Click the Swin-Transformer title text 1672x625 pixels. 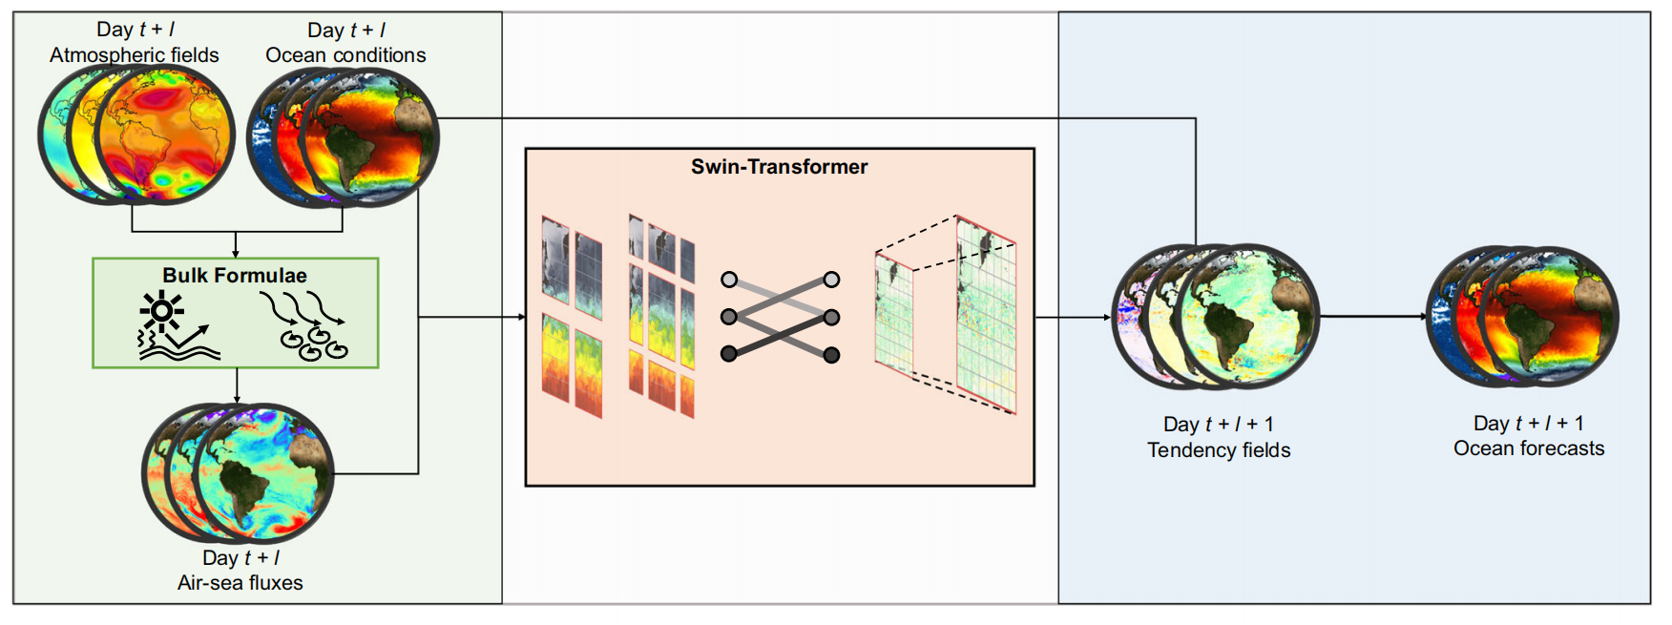[x=779, y=167]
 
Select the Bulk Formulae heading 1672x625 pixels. [x=235, y=276]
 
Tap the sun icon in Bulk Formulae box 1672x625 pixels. [x=162, y=311]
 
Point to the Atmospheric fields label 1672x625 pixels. [x=135, y=55]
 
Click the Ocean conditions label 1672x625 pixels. [x=345, y=55]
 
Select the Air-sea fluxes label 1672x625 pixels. [x=240, y=583]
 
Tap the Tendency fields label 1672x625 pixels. [x=1219, y=450]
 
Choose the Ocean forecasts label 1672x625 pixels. [x=1529, y=448]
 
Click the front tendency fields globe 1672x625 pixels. [x=1248, y=316]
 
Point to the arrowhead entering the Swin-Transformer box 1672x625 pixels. [x=521, y=317]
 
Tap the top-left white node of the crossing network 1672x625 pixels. [x=729, y=280]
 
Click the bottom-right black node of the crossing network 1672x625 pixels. [x=831, y=355]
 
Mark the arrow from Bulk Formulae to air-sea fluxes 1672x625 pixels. [x=237, y=385]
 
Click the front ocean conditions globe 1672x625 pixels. [x=369, y=137]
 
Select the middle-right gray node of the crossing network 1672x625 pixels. [x=831, y=317]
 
